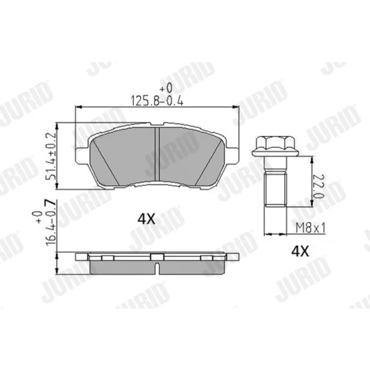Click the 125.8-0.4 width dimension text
[157, 101]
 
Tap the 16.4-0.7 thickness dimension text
[50, 223]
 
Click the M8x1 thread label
[311, 229]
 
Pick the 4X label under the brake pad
[147, 219]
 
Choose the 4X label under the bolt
[300, 252]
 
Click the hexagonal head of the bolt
[275, 146]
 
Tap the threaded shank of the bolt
[275, 189]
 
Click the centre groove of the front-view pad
[157, 154]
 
